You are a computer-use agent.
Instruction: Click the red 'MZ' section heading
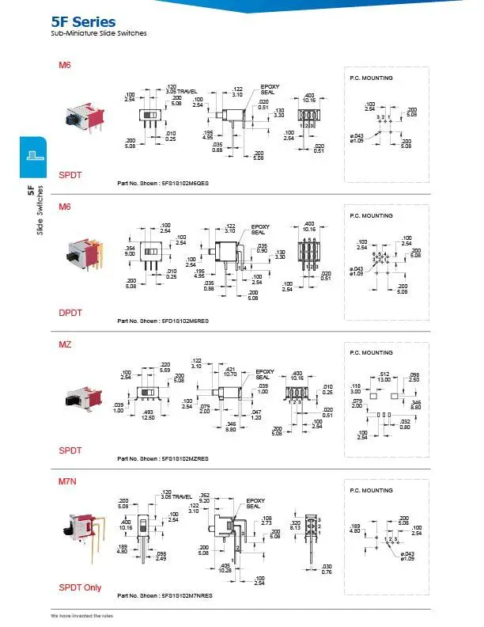tap(66, 345)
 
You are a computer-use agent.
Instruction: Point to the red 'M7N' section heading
tap(69, 481)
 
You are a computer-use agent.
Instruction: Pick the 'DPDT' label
tap(70, 313)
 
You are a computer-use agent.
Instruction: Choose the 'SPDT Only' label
tap(81, 587)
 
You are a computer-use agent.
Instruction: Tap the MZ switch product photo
tap(80, 396)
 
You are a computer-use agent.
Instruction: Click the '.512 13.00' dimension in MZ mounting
tap(385, 377)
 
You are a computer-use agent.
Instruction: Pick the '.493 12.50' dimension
tap(148, 415)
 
